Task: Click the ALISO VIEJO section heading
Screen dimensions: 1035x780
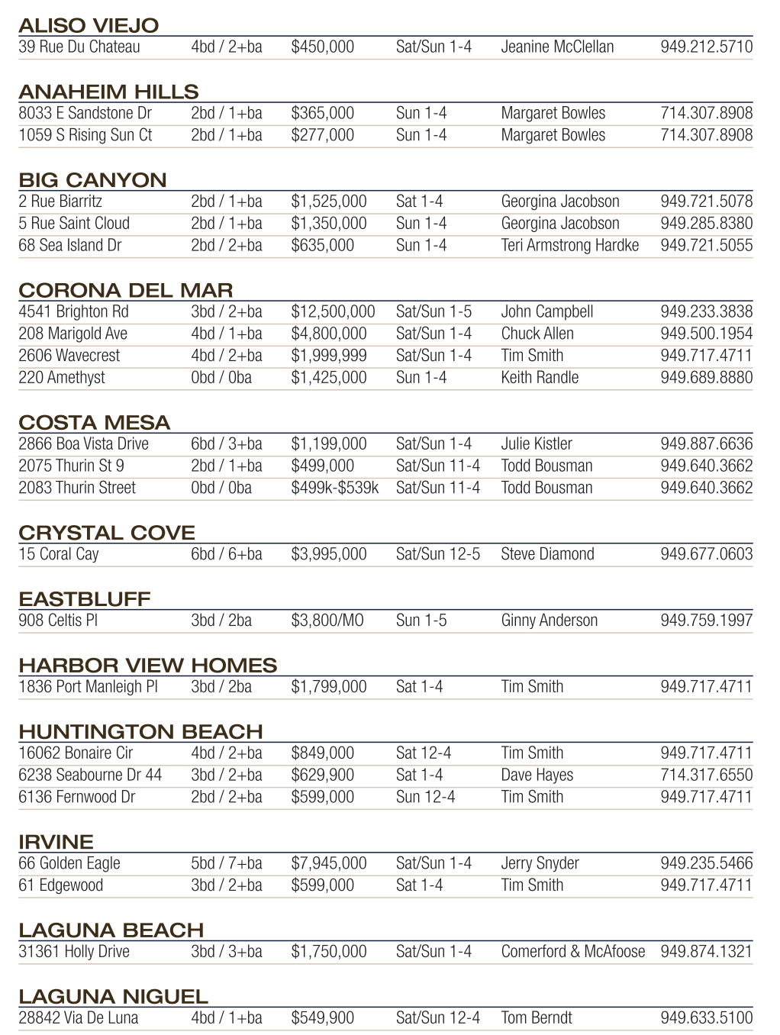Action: click(89, 26)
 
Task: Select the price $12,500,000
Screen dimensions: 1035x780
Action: click(333, 311)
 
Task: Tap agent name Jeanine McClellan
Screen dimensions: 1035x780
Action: click(557, 47)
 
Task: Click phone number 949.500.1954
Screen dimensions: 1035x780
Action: click(706, 334)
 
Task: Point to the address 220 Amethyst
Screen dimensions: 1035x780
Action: click(62, 377)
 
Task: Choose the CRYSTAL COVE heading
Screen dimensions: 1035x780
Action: click(107, 533)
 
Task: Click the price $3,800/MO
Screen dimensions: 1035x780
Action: click(327, 621)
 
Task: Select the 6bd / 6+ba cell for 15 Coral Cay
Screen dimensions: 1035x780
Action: click(227, 554)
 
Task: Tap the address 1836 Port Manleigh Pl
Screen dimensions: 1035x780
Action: click(88, 687)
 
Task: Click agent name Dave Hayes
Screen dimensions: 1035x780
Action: click(537, 775)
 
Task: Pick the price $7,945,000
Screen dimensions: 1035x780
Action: click(329, 863)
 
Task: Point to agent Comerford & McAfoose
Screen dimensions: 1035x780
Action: click(573, 952)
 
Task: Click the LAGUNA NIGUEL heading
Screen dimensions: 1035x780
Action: click(113, 996)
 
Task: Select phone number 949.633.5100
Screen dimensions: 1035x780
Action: click(706, 1017)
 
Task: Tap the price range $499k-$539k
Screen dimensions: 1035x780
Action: click(334, 488)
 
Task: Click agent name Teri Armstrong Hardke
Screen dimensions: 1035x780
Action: click(570, 245)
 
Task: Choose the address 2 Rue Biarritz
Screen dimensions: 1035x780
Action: click(60, 202)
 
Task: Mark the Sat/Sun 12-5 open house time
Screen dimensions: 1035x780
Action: click(438, 554)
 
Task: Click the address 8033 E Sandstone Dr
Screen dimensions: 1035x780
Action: click(85, 113)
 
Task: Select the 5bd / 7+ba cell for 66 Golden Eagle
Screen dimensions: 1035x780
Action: click(227, 863)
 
